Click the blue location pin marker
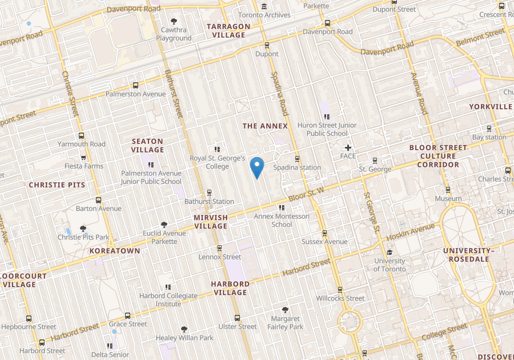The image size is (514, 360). tap(258, 167)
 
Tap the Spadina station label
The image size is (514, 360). tap(296, 167)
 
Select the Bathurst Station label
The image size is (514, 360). tap(209, 201)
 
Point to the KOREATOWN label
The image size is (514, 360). tap(115, 251)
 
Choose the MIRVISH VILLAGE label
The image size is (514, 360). tap(210, 222)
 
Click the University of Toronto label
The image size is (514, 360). tap(389, 265)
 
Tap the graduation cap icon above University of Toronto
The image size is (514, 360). tap(389, 252)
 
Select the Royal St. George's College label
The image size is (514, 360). tap(217, 162)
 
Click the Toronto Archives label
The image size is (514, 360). tap(264, 15)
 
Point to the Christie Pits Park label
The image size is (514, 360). tap(83, 237)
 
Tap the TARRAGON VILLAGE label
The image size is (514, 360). tap(228, 30)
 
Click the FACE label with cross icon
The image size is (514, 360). tap(348, 156)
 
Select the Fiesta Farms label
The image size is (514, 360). tap(83, 166)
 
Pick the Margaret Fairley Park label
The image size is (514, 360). tap(285, 323)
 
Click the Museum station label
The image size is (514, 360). tap(448, 199)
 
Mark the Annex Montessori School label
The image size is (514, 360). tap(282, 221)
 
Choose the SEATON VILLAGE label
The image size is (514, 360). tap(147, 145)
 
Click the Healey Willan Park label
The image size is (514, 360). tap(184, 338)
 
